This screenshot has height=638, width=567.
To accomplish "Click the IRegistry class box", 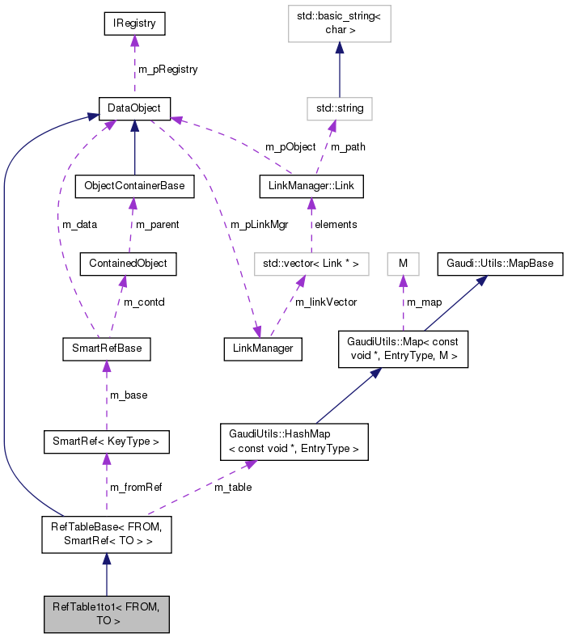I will coord(134,24).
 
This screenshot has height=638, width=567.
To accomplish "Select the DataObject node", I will coord(133,108).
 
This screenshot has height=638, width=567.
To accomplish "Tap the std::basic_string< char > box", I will coord(340,24).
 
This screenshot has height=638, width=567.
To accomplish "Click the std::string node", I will coord(339,108).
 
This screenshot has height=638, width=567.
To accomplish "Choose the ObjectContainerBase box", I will coord(133,186).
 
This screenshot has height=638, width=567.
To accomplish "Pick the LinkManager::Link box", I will coord(310,186).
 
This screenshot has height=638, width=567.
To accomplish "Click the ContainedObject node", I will coord(128,264).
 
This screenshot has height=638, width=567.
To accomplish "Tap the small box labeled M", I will coord(403,264).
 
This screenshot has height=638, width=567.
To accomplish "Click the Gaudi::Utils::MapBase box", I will coord(500,264).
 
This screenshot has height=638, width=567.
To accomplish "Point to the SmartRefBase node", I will coord(107,349).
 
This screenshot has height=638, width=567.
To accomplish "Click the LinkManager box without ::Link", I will coord(263,349).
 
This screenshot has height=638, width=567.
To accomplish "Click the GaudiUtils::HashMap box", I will coord(294,442).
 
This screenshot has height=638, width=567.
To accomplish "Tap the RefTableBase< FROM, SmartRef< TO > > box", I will coord(106,534).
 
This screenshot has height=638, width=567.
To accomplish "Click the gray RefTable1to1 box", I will coord(106,614).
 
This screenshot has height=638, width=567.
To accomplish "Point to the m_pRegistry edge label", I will coord(167,70).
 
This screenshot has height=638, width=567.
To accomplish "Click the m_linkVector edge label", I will coord(326,302).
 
